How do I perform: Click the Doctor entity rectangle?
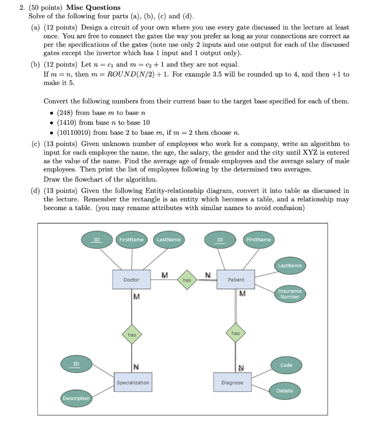coord(131,280)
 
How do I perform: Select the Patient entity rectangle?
coord(236,280)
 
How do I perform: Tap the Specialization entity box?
coord(132,382)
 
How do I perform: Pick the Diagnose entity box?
coord(232,382)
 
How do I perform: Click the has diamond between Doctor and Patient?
coord(187,280)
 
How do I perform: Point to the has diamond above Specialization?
coord(132,334)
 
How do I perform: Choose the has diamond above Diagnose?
coord(236,333)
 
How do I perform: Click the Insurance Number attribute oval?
coord(290,294)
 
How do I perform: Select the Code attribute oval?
coord(286,365)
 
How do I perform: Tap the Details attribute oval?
coord(285,391)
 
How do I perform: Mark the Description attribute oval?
coord(76,398)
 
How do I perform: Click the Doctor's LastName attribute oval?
coord(169,240)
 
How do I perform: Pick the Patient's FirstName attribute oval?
coord(258,240)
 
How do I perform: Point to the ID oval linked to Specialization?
coord(76,364)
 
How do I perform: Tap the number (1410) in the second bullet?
coord(67,122)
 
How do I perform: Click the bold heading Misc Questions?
coord(93,7)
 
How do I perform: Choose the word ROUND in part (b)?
coord(122,74)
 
